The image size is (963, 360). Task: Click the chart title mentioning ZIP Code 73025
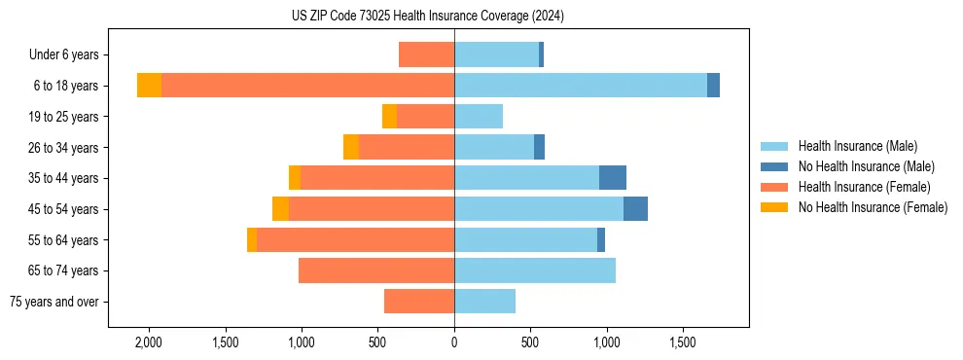pos(428,17)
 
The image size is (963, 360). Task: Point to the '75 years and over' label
pos(54,302)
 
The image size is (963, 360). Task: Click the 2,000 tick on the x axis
pos(148,342)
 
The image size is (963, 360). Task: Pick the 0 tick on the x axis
pos(454,342)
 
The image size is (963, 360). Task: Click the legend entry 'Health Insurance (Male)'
pos(856,146)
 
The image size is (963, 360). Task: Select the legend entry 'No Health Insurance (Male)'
pos(865,166)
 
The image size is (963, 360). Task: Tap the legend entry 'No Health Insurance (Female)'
pos(872,207)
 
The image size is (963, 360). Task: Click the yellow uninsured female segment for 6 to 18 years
pos(149,86)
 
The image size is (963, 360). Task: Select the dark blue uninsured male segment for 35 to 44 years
pos(613,178)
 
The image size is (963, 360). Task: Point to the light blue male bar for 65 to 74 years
pos(535,270)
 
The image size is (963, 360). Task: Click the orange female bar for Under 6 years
pos(426,54)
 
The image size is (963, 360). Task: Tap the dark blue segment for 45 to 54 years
pos(635,209)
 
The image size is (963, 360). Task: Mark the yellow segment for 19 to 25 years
pos(389,117)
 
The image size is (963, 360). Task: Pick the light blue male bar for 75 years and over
pos(484,302)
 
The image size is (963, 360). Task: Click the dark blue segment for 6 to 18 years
pos(713,86)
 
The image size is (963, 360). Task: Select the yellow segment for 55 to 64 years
pos(252,240)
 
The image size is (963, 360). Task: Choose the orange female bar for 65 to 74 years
pos(376,270)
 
